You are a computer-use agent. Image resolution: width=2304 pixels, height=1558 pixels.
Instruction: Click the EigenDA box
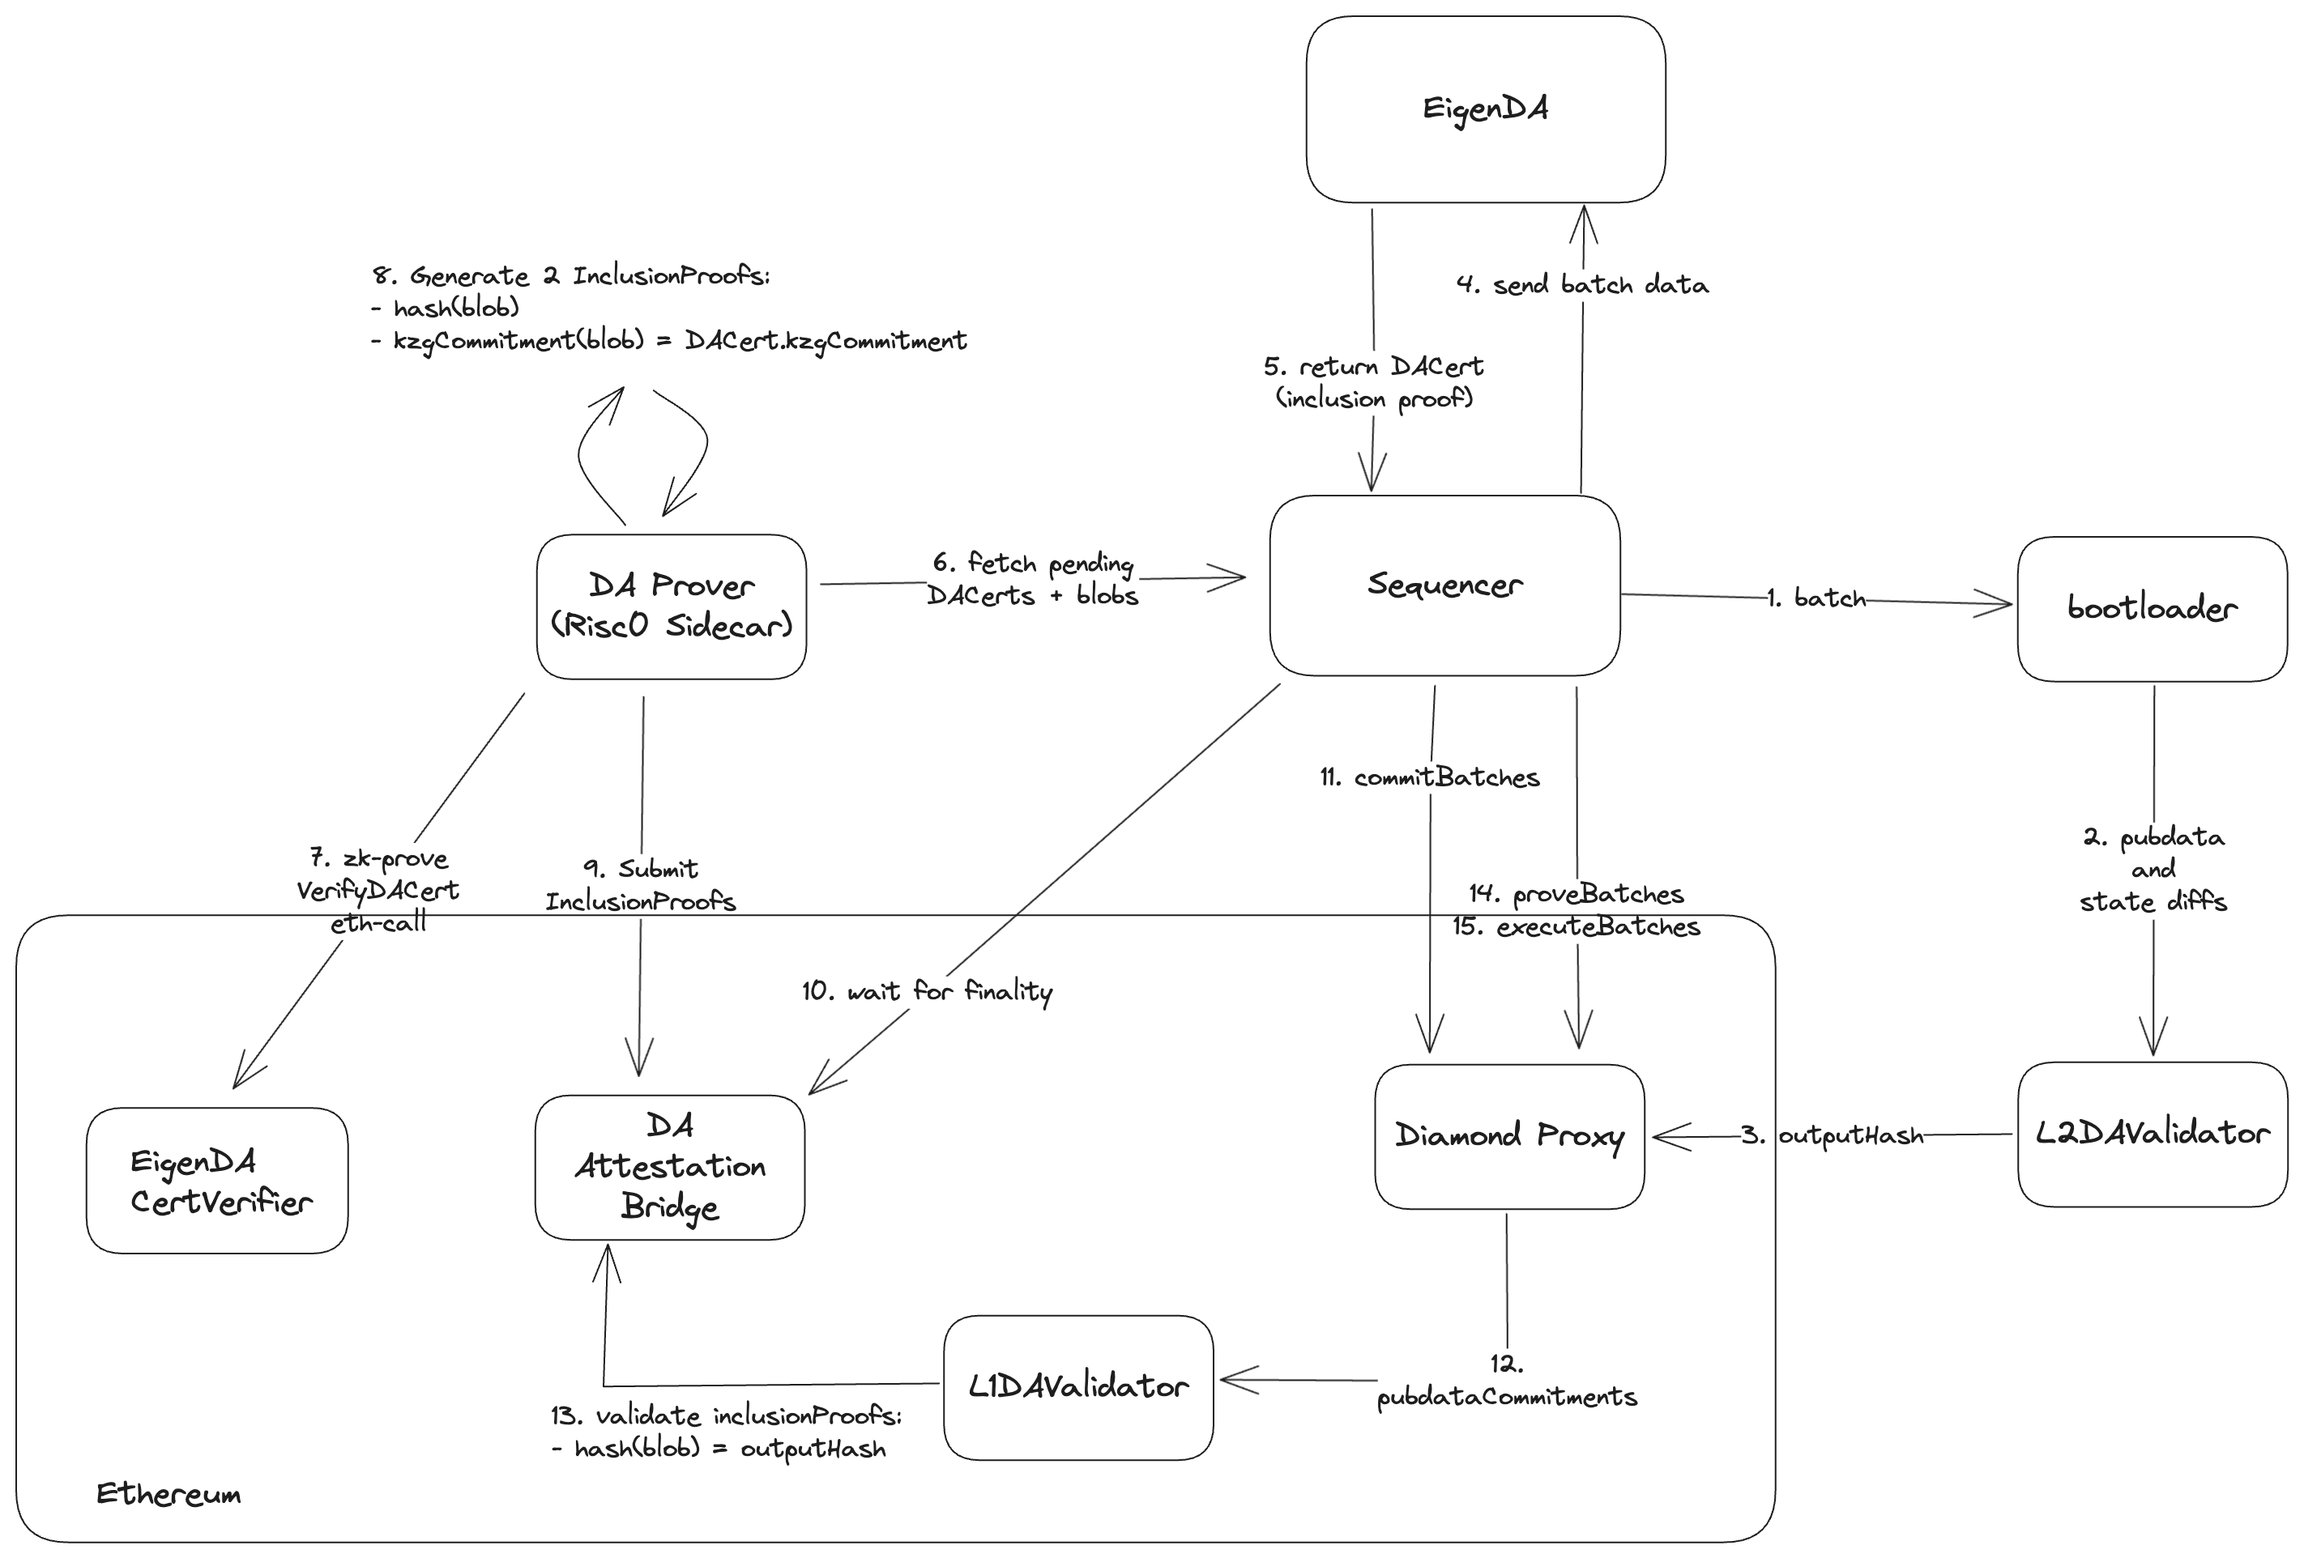pos(1484,109)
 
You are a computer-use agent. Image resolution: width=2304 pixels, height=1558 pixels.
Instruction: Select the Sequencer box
pos(1444,585)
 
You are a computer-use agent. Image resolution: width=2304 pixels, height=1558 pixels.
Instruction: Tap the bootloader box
pos(2152,608)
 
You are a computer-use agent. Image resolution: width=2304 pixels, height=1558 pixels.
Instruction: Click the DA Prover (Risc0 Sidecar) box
pos(671,607)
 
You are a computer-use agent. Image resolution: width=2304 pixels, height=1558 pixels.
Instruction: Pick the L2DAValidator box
pos(2152,1134)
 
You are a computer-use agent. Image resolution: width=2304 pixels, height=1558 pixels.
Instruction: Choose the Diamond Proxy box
pos(1509,1136)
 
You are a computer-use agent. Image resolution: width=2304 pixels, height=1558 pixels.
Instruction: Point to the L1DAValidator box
pos(1077,1386)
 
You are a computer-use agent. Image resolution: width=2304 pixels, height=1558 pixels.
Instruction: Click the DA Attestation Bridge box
pos(669,1167)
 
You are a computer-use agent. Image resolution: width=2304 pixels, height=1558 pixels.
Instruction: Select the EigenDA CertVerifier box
pos(217,1181)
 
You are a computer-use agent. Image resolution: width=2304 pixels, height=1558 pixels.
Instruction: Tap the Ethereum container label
pos(169,1493)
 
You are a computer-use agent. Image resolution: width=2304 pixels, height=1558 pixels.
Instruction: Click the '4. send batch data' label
pos(1582,285)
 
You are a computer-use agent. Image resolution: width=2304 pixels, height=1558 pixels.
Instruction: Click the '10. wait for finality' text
pos(927,991)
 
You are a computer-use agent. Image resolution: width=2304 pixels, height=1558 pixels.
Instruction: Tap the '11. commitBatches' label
pos(1430,778)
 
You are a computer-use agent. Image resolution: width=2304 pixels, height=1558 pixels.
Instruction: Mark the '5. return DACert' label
pos(1373,368)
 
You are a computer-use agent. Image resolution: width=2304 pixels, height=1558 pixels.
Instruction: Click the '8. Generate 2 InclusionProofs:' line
pos(571,275)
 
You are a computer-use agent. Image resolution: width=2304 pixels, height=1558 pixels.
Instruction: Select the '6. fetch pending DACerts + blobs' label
pos(1032,580)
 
